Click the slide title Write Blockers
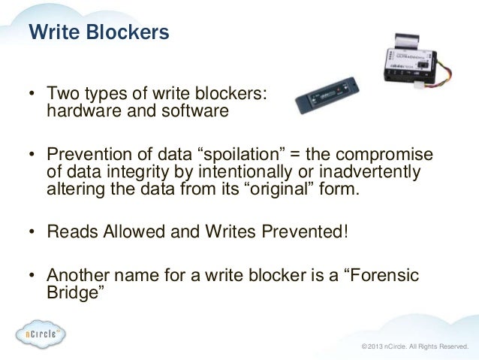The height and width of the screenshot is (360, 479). coord(98,33)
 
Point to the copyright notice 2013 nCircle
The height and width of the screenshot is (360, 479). coord(414,346)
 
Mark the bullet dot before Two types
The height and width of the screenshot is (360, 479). coord(32,95)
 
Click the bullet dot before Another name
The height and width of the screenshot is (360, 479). coord(32,277)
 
